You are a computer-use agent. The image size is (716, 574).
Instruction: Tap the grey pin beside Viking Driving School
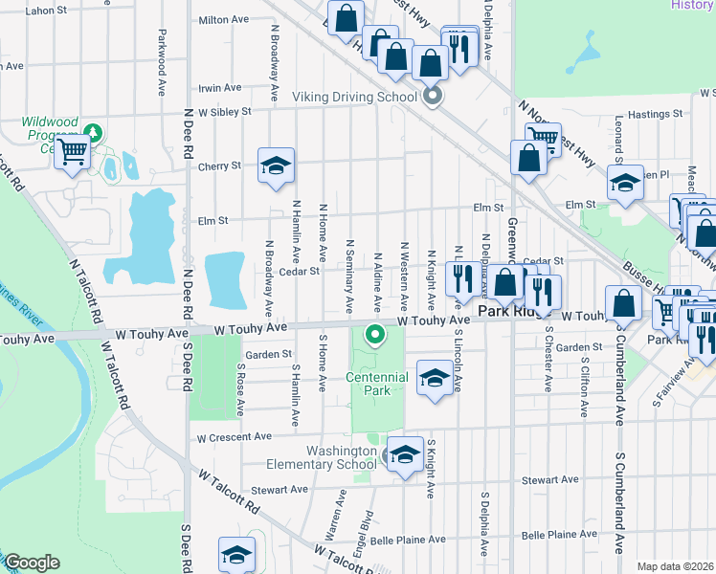433,96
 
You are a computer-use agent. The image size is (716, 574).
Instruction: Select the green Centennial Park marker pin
376,336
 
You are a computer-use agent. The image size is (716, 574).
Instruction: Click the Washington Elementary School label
343,458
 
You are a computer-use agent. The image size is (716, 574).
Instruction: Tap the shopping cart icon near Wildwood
73,151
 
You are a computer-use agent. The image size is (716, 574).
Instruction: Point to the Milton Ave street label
223,19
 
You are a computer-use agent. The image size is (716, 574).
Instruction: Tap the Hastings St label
655,114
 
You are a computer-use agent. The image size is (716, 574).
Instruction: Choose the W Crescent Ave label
234,437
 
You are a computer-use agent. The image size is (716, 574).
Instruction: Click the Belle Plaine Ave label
408,540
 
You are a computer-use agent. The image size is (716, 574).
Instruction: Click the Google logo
32,563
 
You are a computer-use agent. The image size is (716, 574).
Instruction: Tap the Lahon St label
26,11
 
